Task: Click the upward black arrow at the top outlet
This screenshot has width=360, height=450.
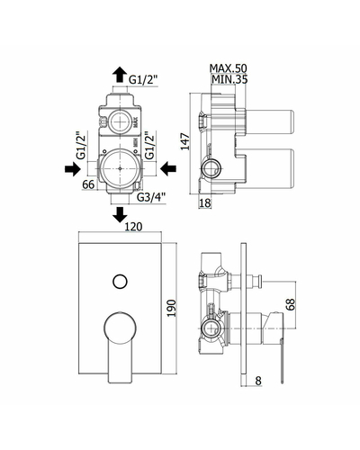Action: [120, 75]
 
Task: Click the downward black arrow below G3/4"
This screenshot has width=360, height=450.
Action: [120, 214]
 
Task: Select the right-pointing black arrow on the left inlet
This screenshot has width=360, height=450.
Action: [73, 169]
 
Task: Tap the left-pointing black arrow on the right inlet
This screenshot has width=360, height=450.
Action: [168, 169]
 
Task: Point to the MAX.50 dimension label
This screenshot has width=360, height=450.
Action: [228, 68]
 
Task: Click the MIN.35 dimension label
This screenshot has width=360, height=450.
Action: [229, 79]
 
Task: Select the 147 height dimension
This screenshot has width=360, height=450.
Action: [185, 141]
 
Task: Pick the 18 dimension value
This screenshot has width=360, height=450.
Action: [205, 203]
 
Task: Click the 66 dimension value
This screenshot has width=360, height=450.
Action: [88, 184]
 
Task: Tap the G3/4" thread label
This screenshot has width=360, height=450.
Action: [151, 197]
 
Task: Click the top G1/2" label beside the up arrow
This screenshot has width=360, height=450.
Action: [143, 80]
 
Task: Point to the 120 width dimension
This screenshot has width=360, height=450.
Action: [133, 227]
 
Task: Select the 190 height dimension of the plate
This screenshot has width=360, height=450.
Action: [171, 308]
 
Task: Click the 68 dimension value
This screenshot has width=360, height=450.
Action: [291, 304]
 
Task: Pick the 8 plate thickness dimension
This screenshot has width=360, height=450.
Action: [258, 381]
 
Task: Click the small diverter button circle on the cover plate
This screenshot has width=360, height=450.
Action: [120, 282]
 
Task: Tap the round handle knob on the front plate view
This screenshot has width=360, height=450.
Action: [120, 328]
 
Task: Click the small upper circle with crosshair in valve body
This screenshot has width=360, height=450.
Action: [120, 122]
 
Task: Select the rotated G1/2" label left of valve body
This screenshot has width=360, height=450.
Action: [81, 147]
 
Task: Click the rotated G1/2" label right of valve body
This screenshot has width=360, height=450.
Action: [149, 146]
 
